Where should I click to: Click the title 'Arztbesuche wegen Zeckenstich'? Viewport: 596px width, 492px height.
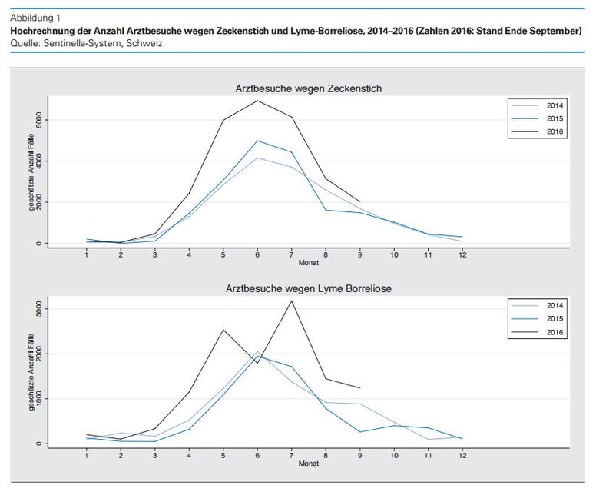(308, 88)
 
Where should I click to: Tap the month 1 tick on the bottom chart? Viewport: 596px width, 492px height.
(87, 455)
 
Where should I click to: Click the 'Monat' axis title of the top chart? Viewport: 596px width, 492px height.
(308, 263)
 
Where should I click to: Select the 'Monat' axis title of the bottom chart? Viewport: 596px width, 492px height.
(308, 464)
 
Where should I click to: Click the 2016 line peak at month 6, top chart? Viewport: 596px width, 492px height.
(258, 101)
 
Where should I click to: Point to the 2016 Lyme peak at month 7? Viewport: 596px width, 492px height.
(292, 301)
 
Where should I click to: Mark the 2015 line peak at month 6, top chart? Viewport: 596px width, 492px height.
(258, 141)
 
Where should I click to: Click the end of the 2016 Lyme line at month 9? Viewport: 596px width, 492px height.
(360, 388)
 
